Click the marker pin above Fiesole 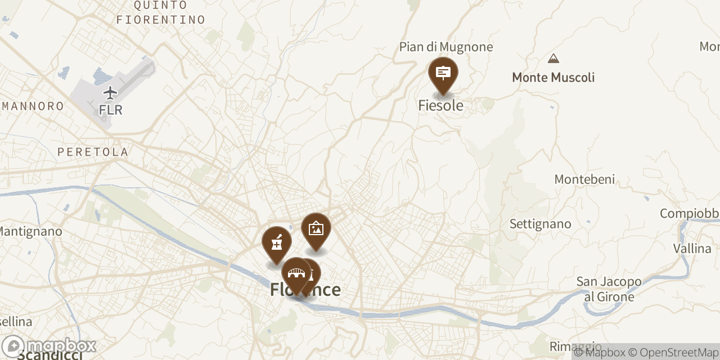443,74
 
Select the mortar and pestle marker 277,243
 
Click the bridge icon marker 296,274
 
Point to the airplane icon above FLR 111,92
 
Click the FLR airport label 111,110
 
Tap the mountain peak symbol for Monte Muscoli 553,58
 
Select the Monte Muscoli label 553,78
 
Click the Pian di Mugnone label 446,47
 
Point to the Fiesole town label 441,105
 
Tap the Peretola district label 93,152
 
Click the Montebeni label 584,179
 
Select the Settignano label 540,224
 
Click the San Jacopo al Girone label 609,289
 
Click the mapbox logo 49,345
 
